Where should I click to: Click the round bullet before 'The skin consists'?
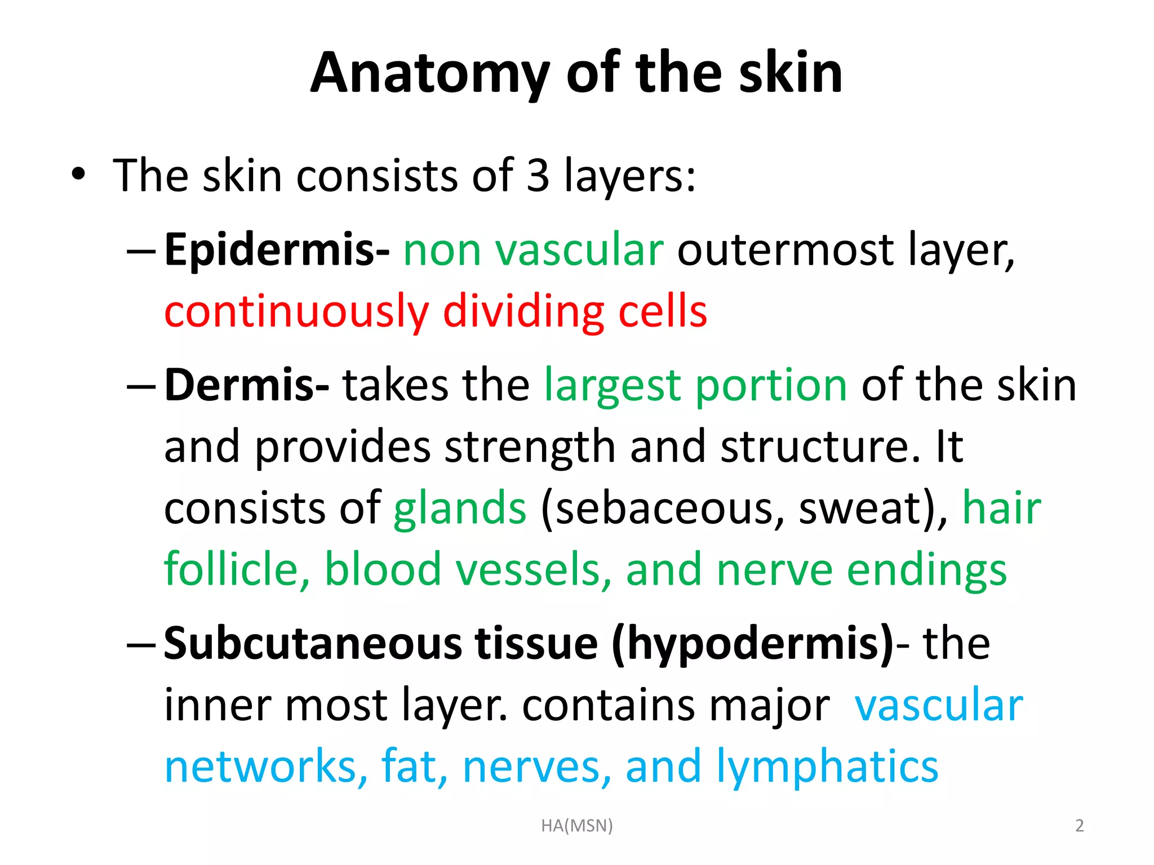click(x=78, y=175)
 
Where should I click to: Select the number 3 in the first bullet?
click(x=538, y=176)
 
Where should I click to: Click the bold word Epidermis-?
click(x=277, y=250)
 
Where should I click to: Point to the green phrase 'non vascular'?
click(x=533, y=250)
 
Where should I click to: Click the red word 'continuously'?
click(x=296, y=312)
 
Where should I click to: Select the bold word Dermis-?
click(x=247, y=385)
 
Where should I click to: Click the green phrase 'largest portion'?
click(x=695, y=386)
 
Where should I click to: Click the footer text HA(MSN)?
click(x=576, y=826)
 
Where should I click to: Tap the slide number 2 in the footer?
click(x=1079, y=826)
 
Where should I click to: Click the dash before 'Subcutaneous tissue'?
click(x=141, y=644)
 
